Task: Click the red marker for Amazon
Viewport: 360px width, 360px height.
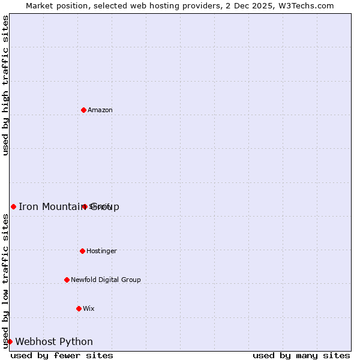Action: point(83,110)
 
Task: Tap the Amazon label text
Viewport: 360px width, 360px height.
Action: point(100,110)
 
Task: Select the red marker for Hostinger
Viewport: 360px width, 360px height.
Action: point(82,251)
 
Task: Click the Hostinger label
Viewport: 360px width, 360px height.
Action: point(101,251)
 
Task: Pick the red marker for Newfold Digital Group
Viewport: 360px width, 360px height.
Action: point(67,280)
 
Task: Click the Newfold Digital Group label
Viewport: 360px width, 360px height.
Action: point(106,280)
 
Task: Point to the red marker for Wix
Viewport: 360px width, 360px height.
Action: point(79,308)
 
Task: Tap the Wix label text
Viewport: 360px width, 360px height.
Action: point(88,308)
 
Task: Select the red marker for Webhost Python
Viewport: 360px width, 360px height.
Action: point(10,341)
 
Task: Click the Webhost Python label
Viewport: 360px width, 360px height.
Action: point(54,342)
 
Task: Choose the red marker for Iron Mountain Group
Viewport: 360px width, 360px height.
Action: point(13,206)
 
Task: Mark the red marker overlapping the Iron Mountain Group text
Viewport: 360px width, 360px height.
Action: point(85,206)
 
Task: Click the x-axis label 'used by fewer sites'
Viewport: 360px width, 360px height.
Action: point(62,355)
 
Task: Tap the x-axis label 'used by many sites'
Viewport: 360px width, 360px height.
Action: point(301,355)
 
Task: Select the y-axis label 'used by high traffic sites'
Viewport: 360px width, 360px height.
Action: point(5,85)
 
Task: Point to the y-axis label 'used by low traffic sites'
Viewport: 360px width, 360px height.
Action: point(5,281)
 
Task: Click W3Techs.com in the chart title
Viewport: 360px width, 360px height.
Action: point(309,5)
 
